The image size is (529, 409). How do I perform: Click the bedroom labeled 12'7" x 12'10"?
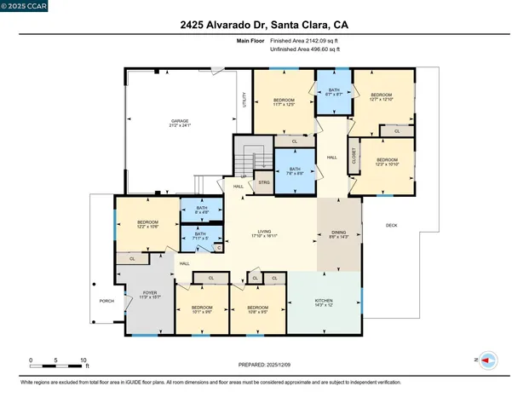[380, 97]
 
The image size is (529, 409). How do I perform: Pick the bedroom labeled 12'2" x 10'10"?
[387, 162]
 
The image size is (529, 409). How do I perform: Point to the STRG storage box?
[264, 182]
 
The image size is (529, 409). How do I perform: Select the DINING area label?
[339, 233]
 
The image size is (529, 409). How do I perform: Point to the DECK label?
[391, 225]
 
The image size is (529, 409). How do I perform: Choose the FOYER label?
[149, 295]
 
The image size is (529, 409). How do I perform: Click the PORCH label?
[106, 301]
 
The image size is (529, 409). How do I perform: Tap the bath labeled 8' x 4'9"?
[201, 210]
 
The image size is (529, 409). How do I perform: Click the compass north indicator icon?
[488, 361]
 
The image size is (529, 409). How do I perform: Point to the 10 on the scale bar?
[83, 360]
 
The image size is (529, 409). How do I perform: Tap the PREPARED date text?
[264, 364]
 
